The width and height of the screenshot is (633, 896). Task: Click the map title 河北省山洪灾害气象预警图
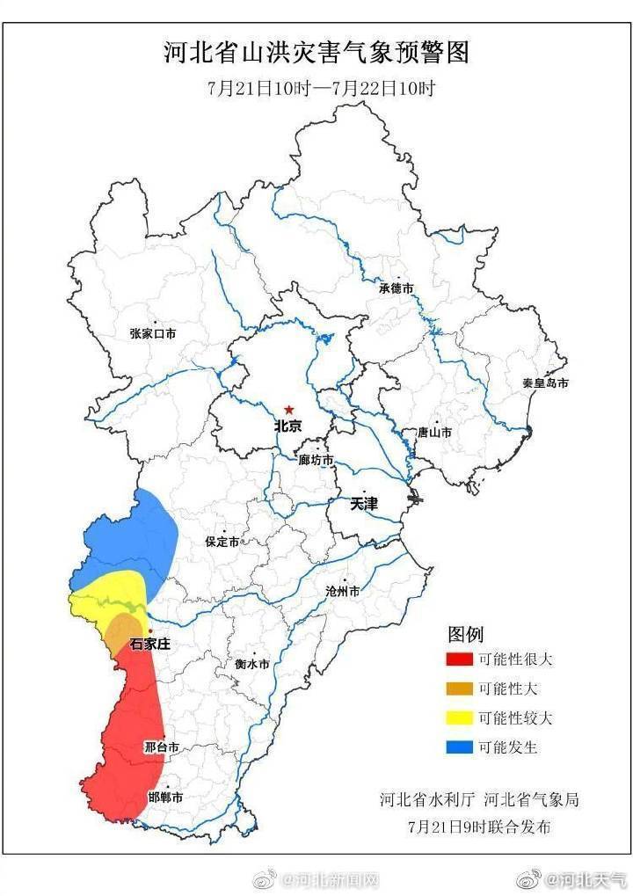(316, 54)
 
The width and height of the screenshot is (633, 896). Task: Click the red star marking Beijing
(288, 410)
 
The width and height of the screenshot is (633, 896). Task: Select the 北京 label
(288, 426)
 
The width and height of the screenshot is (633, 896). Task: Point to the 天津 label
(364, 504)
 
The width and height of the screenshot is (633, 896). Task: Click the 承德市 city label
(396, 288)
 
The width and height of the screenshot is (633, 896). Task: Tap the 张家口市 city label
(153, 333)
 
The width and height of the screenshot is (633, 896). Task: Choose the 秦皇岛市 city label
(545, 383)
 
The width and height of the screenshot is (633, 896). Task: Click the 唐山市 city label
(433, 433)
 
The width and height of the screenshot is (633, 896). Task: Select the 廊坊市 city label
(316, 460)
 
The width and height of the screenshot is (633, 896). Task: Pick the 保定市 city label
(222, 543)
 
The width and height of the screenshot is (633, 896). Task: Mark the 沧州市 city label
(342, 592)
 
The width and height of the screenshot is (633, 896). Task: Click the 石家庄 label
(149, 644)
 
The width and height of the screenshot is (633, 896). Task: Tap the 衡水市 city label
(251, 665)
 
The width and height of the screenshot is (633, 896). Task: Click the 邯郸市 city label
(164, 797)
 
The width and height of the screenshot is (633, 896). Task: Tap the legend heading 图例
(466, 634)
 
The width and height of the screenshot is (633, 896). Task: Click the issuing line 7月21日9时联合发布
(479, 826)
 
